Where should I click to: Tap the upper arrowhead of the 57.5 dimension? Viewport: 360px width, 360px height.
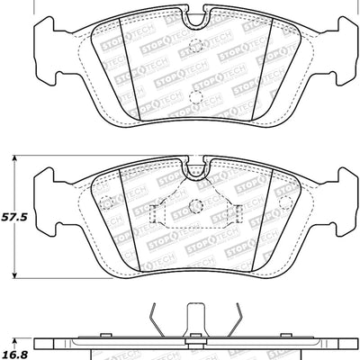pos(15,157)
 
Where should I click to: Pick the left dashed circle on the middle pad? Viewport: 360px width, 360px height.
pos(105,201)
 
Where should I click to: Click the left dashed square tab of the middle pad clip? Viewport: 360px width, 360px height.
pos(154,213)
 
